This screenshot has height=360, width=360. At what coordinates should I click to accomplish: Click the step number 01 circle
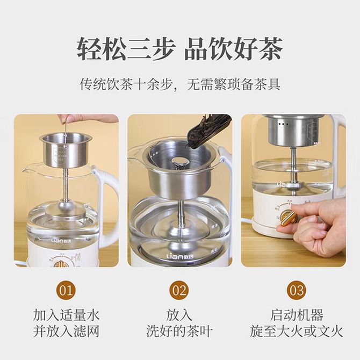[x=66, y=290]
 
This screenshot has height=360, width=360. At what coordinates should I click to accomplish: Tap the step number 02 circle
[x=179, y=290]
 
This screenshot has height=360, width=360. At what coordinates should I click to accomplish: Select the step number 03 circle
[x=296, y=290]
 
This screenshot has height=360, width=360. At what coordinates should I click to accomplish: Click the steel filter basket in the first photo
[x=66, y=150]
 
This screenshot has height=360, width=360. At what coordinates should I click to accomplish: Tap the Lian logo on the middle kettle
[x=181, y=256]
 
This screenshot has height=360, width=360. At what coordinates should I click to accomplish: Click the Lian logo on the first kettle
[x=65, y=241]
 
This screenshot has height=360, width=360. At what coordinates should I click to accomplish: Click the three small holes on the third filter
[x=283, y=124]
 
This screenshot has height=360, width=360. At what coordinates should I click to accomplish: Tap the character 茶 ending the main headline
[x=270, y=49]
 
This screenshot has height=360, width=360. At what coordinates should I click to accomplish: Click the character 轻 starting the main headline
[x=89, y=49]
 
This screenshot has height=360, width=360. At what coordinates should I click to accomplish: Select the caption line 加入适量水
[x=66, y=315]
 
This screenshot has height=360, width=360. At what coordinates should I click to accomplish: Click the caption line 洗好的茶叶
[x=179, y=331]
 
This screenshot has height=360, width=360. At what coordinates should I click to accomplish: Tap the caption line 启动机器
[x=297, y=315]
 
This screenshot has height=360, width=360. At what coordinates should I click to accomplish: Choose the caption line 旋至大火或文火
[x=297, y=331]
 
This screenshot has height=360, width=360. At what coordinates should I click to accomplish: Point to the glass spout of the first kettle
[x=27, y=170]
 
